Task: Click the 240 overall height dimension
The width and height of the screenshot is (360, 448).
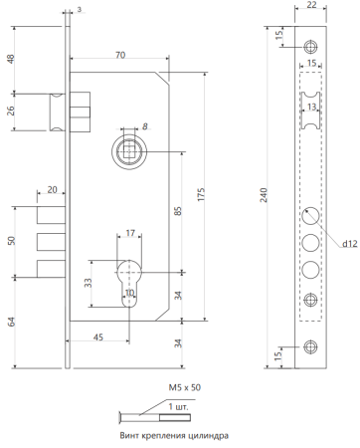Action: click(x=264, y=195)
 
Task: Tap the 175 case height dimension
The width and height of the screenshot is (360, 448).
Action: click(x=201, y=194)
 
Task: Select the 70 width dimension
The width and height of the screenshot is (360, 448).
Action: click(x=120, y=55)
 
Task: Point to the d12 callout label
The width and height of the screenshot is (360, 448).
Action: click(x=350, y=244)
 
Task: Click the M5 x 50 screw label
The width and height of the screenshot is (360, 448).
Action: click(x=185, y=387)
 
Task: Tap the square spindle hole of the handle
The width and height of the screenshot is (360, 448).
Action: click(x=129, y=151)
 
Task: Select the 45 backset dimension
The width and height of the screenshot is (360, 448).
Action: click(x=98, y=337)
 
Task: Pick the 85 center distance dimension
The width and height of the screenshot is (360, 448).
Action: click(x=178, y=211)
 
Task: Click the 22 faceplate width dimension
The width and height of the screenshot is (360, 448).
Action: click(x=311, y=5)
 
